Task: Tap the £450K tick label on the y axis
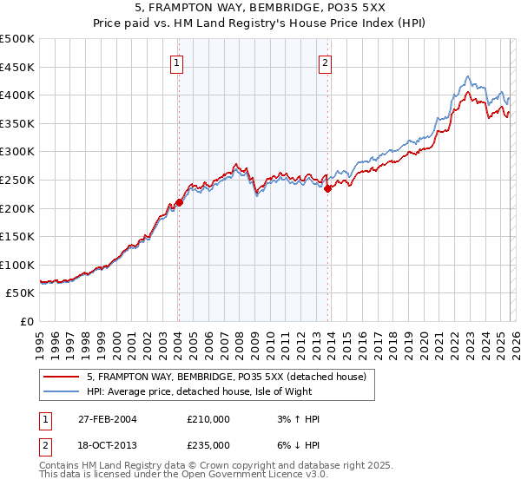17,67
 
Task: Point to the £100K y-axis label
17,265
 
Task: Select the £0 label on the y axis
28,321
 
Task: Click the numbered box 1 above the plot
177,62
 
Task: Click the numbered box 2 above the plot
325,62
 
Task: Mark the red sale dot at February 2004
179,202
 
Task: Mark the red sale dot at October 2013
327,188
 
